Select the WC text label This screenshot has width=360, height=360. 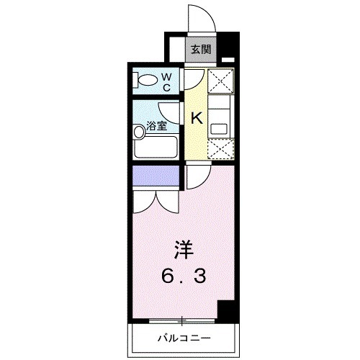165,81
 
